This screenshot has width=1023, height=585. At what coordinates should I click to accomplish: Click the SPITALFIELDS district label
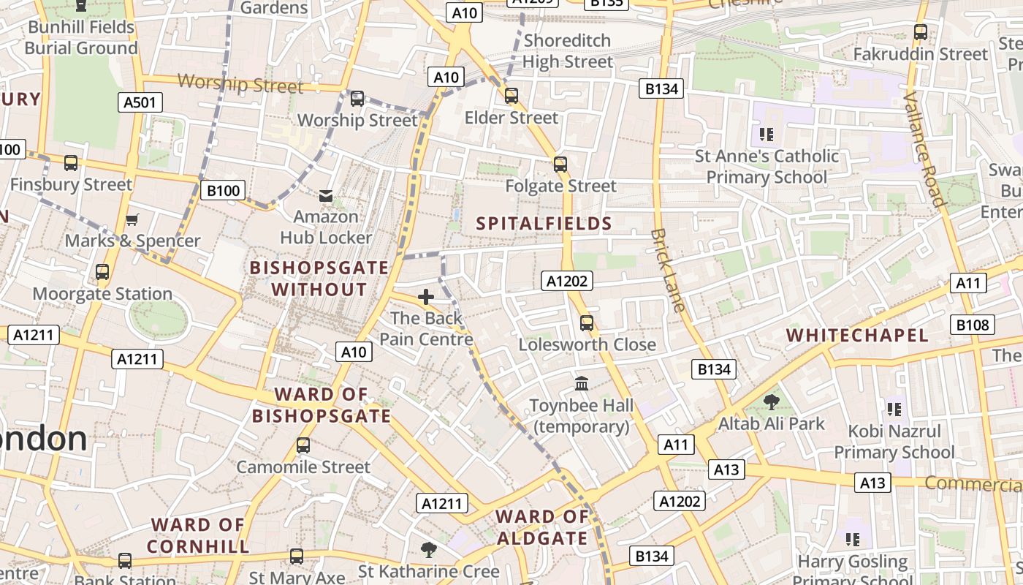pyautogui.click(x=544, y=224)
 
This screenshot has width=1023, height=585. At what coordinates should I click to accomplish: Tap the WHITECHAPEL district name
pyautogui.click(x=857, y=336)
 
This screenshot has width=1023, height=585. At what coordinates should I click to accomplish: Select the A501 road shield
pyautogui.click(x=140, y=102)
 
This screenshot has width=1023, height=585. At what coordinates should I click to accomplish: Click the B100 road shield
pyautogui.click(x=223, y=191)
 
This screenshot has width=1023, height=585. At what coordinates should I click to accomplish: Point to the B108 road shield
pyautogui.click(x=972, y=325)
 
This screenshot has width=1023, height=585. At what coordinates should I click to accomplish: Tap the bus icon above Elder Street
pyautogui.click(x=512, y=96)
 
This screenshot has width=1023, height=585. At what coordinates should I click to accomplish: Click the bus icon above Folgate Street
pyautogui.click(x=560, y=165)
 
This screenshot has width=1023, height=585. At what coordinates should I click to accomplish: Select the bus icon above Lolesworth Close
pyautogui.click(x=587, y=322)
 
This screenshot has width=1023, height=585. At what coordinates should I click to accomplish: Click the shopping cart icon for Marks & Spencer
pyautogui.click(x=132, y=219)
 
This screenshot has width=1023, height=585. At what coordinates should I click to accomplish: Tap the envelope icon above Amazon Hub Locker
pyautogui.click(x=326, y=195)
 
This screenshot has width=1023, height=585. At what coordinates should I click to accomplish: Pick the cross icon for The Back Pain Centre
pyautogui.click(x=426, y=297)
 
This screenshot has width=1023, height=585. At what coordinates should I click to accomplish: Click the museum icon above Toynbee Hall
pyautogui.click(x=582, y=383)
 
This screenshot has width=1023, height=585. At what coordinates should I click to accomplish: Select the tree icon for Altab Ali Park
pyautogui.click(x=771, y=401)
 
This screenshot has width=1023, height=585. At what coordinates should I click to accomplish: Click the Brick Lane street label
pyautogui.click(x=668, y=271)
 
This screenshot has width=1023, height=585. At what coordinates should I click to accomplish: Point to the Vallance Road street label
pyautogui.click(x=924, y=148)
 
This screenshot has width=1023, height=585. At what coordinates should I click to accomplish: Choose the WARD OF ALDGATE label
pyautogui.click(x=542, y=528)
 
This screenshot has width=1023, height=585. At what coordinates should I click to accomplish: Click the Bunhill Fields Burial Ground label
pyautogui.click(x=81, y=38)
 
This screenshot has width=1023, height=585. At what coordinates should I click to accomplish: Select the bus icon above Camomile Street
pyautogui.click(x=303, y=445)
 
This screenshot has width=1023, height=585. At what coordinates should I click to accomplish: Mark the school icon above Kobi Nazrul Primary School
pyautogui.click(x=894, y=409)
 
